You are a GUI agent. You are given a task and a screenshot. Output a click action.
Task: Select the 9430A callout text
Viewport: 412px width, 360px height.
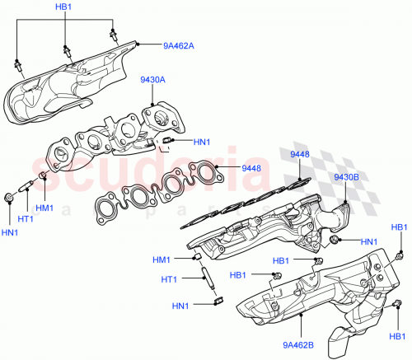coord(153,80)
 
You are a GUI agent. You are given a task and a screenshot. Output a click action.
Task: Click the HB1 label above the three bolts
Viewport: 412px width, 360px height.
coord(63,7)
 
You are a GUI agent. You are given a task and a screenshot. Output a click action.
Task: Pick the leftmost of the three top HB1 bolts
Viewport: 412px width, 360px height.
coord(16,63)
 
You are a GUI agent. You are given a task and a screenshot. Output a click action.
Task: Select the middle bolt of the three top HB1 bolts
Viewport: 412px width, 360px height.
coord(68,50)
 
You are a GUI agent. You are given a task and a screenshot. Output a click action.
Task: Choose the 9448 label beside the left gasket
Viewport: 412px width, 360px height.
coord(250,168)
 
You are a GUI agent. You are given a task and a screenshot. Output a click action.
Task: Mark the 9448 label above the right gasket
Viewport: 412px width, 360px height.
coord(299,155)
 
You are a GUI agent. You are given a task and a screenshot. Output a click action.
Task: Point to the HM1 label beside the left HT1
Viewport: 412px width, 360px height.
coord(44,207)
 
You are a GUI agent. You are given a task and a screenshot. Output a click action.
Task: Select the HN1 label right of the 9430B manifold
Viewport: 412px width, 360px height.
coord(370,242)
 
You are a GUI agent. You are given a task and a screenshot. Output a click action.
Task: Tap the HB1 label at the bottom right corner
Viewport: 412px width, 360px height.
coord(398,336)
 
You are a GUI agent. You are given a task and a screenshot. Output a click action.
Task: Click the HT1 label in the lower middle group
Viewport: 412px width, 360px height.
coord(169,278)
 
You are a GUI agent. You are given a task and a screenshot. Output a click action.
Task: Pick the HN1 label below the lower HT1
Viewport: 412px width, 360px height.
coord(180,306)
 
